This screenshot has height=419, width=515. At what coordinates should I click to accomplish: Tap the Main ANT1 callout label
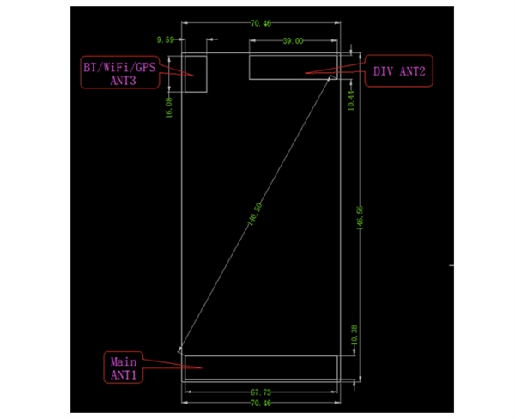pyautogui.click(x=124, y=367)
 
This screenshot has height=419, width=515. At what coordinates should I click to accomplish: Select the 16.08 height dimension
pyautogui.click(x=169, y=107)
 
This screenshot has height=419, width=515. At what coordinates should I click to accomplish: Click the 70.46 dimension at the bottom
pyautogui.click(x=261, y=402)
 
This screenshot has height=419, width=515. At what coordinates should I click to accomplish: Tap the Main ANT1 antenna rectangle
pyautogui.click(x=261, y=367)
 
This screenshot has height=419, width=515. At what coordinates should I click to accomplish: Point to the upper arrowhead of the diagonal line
pyautogui.click(x=330, y=79)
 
